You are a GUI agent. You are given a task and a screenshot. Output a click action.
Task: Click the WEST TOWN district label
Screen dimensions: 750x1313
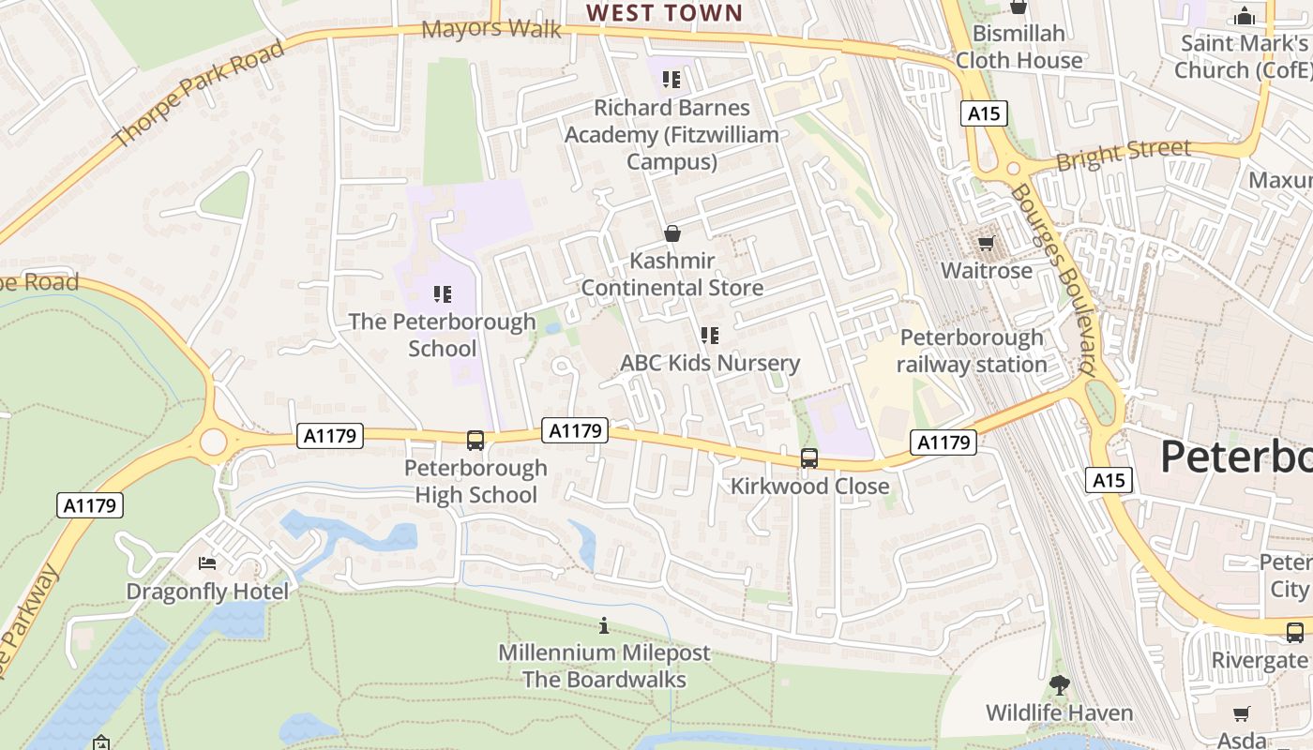(664, 13)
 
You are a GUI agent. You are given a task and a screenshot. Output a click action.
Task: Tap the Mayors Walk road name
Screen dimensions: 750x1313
(491, 29)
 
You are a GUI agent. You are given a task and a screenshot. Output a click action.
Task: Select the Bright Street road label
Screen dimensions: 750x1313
(1124, 154)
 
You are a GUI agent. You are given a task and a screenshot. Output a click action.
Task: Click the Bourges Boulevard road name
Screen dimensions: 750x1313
(1053, 279)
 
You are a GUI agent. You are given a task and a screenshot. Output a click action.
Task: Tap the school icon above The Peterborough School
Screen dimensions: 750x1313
(443, 294)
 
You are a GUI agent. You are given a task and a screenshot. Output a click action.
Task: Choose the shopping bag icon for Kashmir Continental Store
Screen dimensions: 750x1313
(672, 233)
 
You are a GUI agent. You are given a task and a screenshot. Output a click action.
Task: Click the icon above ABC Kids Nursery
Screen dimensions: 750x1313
(710, 335)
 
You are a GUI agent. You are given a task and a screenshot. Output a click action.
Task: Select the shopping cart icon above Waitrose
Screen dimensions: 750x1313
(986, 244)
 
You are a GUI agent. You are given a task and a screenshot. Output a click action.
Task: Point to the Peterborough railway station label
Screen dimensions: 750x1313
(972, 351)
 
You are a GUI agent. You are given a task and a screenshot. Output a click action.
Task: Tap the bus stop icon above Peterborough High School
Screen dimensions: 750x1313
(475, 440)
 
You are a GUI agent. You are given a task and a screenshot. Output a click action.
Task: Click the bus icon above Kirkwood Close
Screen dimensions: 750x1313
(808, 458)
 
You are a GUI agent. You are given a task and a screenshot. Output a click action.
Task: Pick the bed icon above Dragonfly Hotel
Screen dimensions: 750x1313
(207, 563)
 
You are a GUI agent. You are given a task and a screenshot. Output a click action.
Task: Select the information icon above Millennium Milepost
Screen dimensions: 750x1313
(604, 625)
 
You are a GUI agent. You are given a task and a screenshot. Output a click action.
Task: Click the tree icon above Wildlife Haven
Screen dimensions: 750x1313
(1060, 685)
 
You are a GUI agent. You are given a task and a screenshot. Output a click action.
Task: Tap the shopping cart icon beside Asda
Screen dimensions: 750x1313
(1242, 714)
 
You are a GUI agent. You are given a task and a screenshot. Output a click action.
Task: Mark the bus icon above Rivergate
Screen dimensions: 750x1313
(1295, 632)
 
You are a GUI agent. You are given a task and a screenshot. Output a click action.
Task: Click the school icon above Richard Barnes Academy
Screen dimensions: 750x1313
(672, 80)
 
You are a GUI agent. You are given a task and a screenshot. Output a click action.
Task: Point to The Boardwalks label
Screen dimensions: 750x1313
(604, 680)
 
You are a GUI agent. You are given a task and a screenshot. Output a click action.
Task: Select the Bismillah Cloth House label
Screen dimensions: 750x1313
(1019, 47)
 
